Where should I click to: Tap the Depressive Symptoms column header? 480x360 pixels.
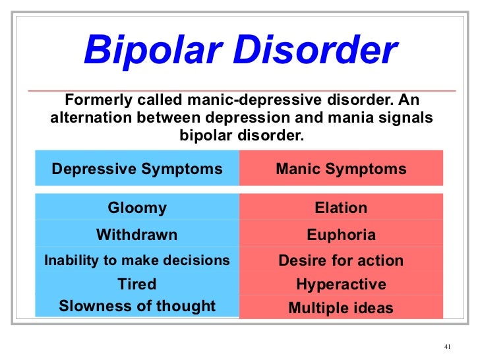(x=137, y=169)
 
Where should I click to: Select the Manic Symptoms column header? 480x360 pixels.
(x=341, y=169)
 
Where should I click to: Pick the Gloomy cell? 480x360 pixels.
(x=137, y=208)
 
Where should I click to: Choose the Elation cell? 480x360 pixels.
(x=341, y=208)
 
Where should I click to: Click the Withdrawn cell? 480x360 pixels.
(x=137, y=235)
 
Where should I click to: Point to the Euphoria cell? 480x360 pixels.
(x=341, y=235)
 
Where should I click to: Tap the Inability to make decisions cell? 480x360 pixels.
(x=137, y=260)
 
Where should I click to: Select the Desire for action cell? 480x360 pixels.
(x=341, y=260)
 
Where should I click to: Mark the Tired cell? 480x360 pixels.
(x=137, y=284)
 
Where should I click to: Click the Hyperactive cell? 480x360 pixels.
(x=341, y=285)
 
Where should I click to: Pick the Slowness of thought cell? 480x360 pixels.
(x=137, y=306)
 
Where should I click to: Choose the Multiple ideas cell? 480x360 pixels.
(x=341, y=308)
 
